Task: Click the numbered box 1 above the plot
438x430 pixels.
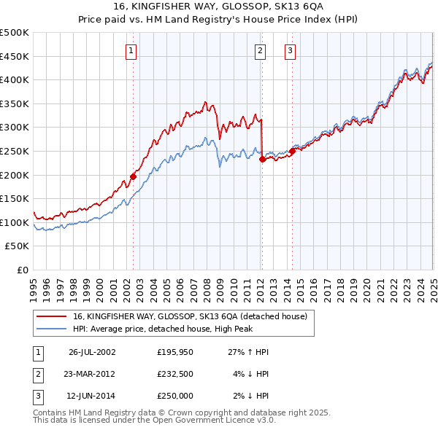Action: tap(131, 50)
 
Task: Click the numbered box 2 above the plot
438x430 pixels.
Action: tap(261, 50)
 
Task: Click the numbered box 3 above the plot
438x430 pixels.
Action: tap(291, 50)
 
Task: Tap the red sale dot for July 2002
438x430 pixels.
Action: tap(134, 176)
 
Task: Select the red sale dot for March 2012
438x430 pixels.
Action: tap(262, 159)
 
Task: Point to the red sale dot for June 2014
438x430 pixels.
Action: tap(292, 151)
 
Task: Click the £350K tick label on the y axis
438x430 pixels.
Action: tap(15, 104)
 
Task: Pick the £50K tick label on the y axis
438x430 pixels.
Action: tap(18, 246)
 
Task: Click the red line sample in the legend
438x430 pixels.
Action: tap(53, 316)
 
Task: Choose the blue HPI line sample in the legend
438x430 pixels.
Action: tap(53, 329)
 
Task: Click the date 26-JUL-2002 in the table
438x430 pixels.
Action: tap(92, 352)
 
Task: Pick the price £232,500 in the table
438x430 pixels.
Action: tap(174, 374)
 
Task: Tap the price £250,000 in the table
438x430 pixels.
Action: tap(174, 396)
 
